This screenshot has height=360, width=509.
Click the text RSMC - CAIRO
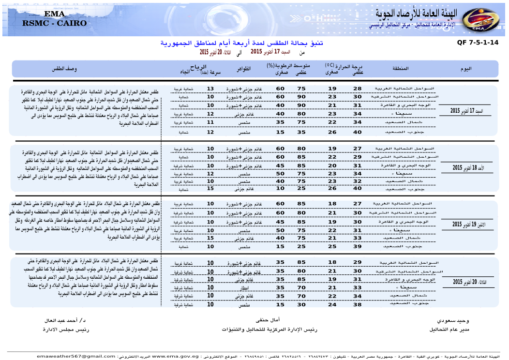(x=55, y=23)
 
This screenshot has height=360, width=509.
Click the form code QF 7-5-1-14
(x=477, y=43)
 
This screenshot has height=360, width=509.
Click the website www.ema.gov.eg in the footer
(x=175, y=357)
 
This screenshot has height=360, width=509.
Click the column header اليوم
(x=466, y=69)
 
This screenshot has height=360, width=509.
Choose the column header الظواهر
(x=243, y=69)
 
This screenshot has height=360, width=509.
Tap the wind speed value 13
(x=210, y=89)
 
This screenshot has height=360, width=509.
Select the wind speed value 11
(x=210, y=123)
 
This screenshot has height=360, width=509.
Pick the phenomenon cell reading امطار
(x=245, y=288)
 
